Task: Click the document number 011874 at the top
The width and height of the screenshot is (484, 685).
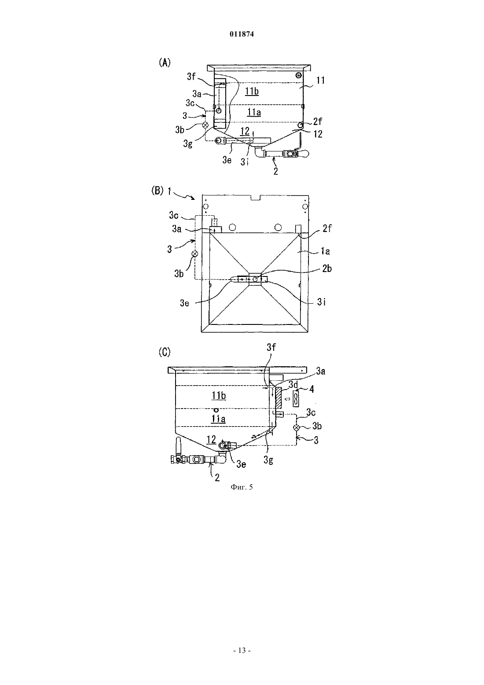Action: tap(242, 34)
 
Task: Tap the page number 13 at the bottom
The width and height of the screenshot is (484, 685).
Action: tap(242, 651)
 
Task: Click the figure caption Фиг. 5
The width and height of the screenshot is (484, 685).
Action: tap(242, 487)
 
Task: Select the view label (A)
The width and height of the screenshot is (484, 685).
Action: tap(165, 63)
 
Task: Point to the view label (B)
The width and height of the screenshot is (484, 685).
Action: tap(158, 191)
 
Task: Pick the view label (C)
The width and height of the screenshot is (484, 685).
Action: tap(165, 352)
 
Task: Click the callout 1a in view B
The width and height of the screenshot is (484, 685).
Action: tap(325, 251)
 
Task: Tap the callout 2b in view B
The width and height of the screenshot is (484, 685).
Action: tap(326, 269)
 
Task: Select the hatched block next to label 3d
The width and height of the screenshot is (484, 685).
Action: tap(279, 398)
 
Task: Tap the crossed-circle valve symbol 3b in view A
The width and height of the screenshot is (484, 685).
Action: tap(205, 125)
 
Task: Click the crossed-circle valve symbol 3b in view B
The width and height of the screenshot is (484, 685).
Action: tap(194, 254)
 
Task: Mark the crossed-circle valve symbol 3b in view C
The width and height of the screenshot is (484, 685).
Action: tap(296, 427)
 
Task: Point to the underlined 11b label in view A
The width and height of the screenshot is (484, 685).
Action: tap(252, 92)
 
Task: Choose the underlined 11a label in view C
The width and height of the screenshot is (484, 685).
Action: tap(219, 419)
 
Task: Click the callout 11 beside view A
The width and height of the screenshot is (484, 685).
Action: tap(320, 81)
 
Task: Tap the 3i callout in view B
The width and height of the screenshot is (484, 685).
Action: tap(321, 302)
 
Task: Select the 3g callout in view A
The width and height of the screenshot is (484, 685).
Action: tap(188, 144)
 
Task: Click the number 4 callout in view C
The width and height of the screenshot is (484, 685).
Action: tap(312, 389)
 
